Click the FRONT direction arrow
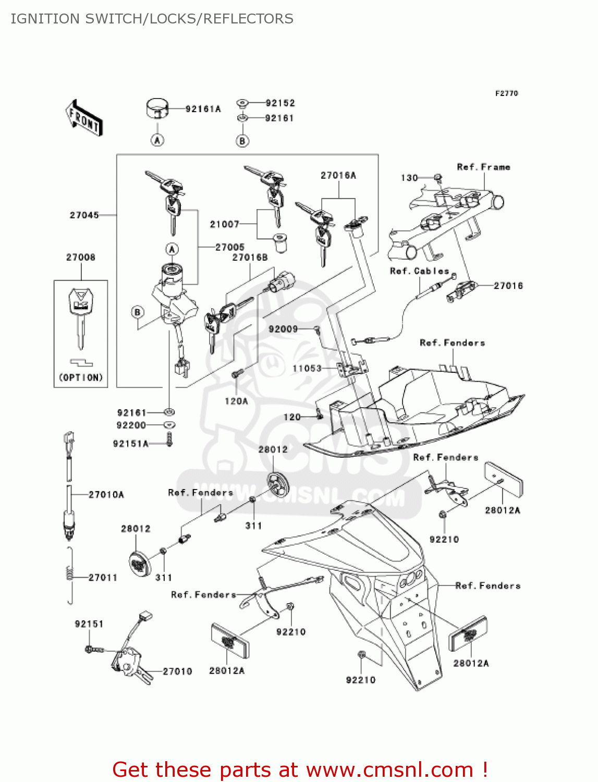84,118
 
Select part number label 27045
84,215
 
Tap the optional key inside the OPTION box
81,318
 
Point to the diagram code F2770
506,93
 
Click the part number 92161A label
203,109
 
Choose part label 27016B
250,258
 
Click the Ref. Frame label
483,167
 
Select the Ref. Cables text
419,271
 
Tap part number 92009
283,329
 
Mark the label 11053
307,369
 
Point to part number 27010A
106,495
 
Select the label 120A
236,401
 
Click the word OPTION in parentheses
81,377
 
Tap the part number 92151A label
131,444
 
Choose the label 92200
131,425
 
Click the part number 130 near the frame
409,178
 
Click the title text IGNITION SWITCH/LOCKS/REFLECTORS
152,19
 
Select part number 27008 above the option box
81,257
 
